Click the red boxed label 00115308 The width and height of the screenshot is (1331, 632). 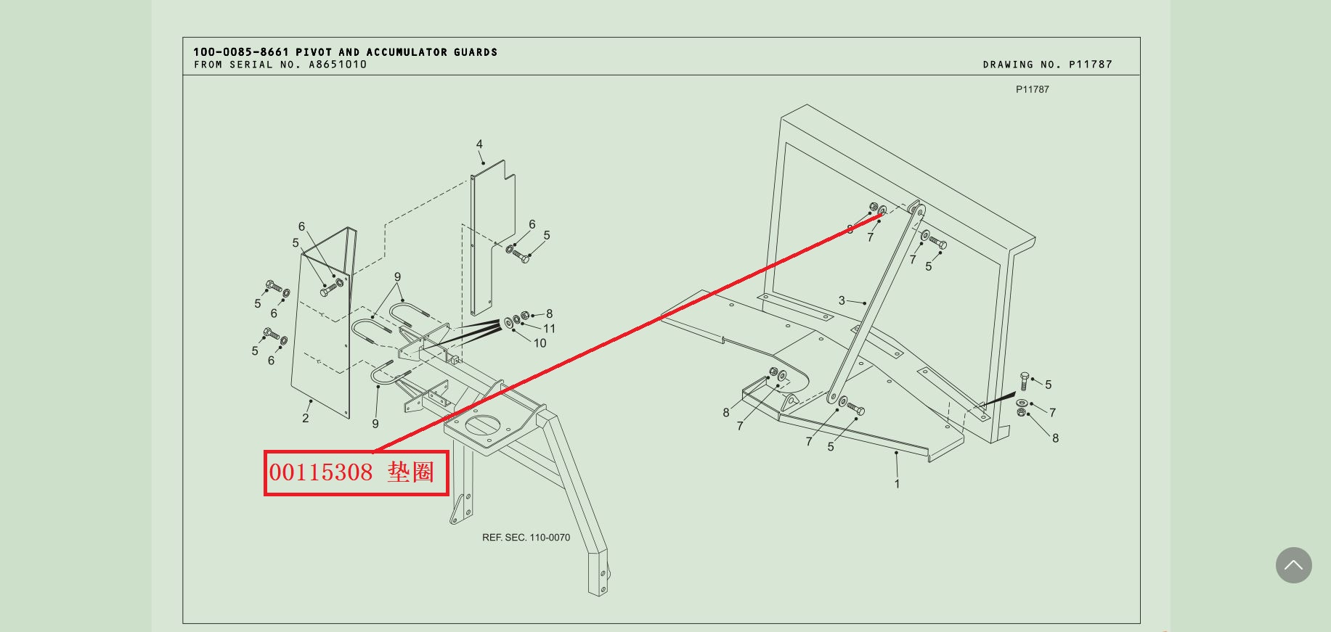pos(321,472)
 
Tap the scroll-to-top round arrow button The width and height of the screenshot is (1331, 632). pos(1293,565)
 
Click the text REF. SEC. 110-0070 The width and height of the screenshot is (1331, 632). pos(526,538)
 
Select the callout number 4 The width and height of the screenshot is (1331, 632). pos(479,144)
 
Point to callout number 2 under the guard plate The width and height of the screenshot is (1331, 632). pos(306,418)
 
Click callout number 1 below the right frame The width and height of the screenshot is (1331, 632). pos(897,484)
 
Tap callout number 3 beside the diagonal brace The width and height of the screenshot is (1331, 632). pos(842,300)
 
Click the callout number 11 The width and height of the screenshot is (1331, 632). pos(550,329)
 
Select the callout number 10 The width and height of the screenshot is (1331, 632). pos(540,343)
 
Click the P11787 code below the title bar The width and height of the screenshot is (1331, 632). pos(1032,89)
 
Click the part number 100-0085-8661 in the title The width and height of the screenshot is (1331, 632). pos(241,52)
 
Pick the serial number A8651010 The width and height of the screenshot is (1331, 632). pos(338,65)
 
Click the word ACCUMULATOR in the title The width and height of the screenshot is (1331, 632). pos(407,52)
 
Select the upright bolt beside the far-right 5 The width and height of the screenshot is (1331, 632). pos(1024,382)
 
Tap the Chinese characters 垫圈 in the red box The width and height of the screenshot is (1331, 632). pos(411,472)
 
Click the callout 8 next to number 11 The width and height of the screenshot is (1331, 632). pos(550,314)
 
